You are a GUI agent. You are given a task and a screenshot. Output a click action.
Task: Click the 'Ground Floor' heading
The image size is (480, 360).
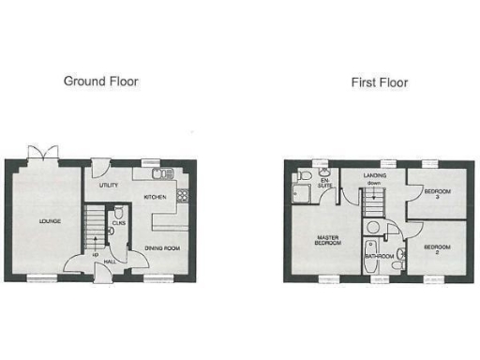[100, 82]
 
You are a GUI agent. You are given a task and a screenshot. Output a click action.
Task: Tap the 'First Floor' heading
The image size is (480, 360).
[379, 82]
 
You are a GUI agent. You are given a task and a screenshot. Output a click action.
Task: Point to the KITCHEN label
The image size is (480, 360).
[154, 198]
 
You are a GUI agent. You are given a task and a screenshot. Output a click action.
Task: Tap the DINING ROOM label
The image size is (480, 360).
[163, 248]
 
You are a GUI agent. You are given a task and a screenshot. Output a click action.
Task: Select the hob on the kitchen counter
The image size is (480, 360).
[182, 196]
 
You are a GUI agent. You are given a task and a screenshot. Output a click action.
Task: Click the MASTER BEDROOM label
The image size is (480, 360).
[327, 242]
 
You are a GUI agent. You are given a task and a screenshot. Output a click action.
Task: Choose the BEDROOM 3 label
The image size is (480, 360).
[433, 193]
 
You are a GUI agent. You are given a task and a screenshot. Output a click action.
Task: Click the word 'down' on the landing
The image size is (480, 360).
[373, 184]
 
